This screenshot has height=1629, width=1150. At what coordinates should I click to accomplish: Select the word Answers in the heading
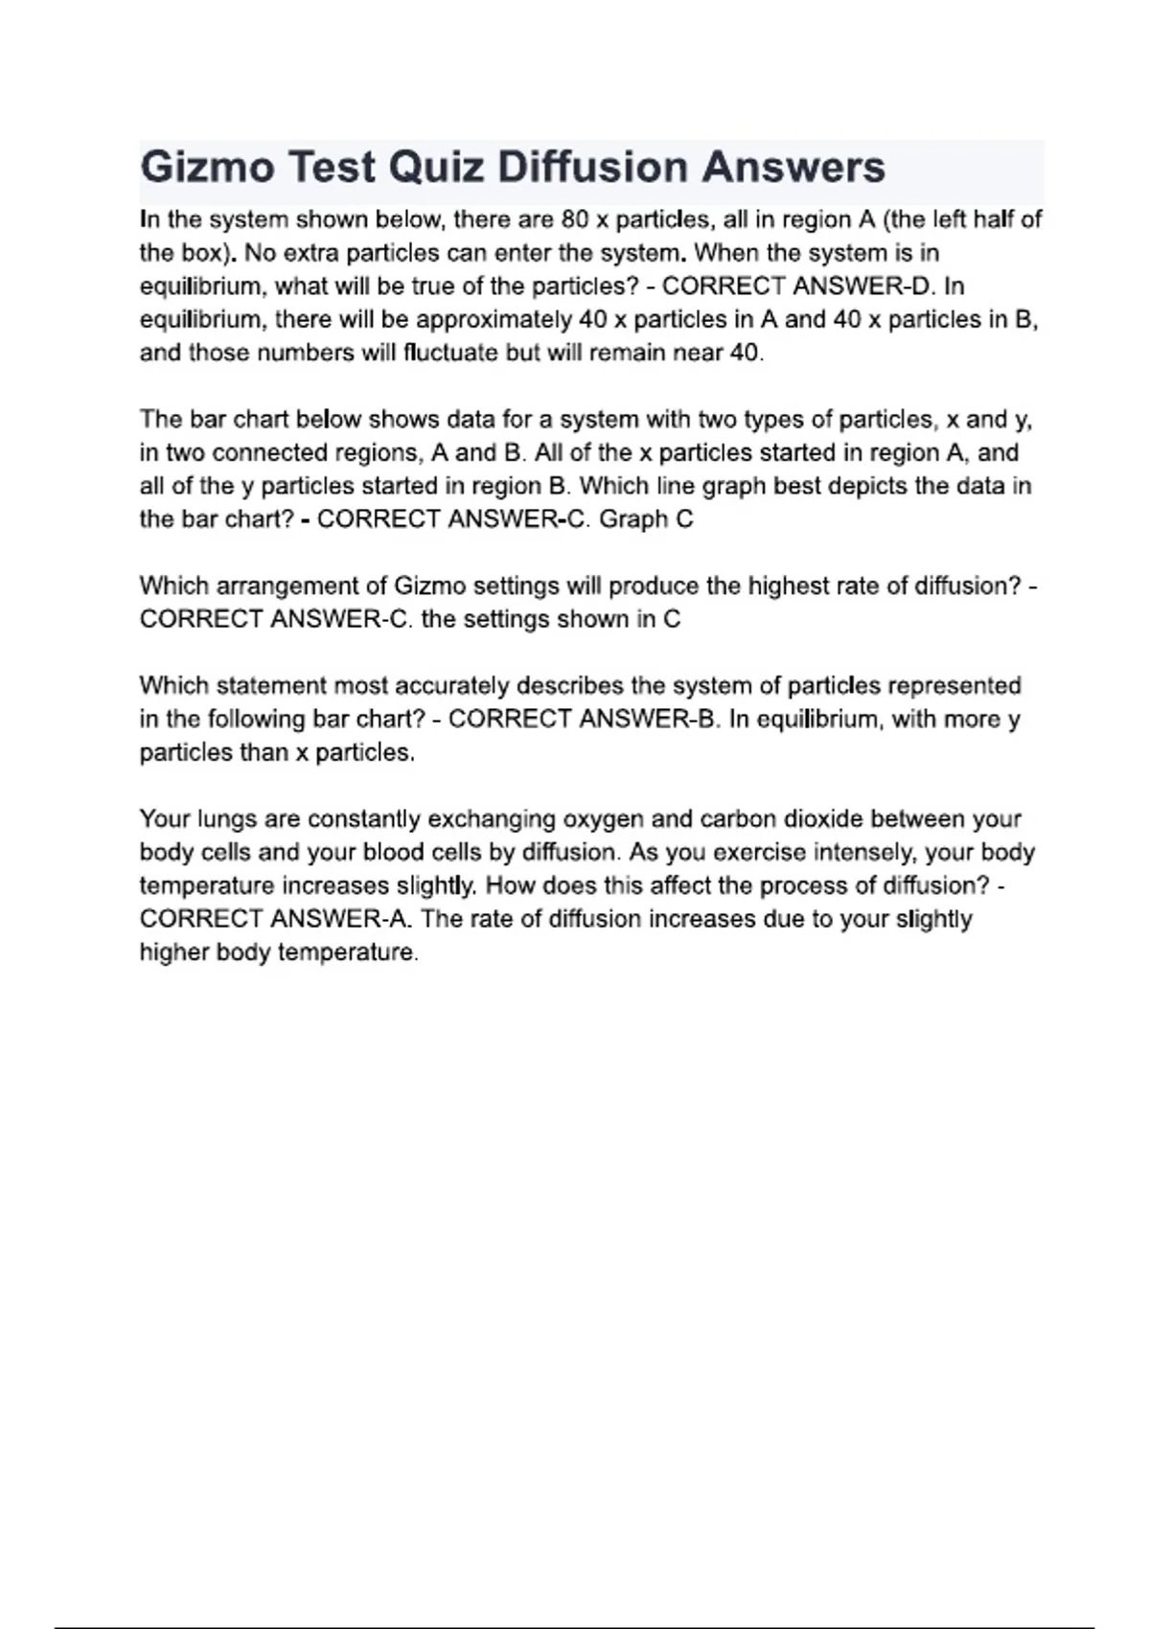click(x=793, y=168)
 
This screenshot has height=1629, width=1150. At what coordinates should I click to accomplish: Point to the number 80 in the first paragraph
click(x=574, y=219)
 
